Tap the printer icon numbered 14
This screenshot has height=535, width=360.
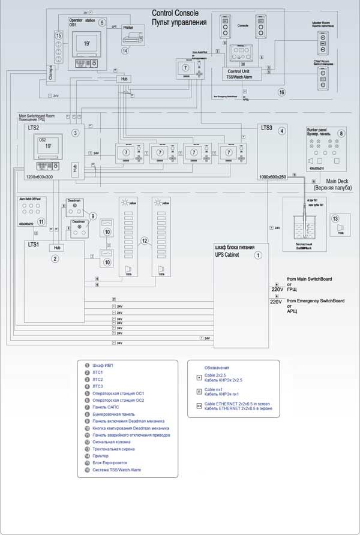tap(133, 38)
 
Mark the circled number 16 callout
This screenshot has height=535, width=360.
tap(281, 92)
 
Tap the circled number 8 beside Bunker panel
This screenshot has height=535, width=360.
tap(341, 133)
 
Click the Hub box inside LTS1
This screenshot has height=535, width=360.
tap(58, 248)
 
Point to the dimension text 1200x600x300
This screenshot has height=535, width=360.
tap(39, 178)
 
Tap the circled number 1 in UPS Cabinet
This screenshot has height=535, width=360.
tap(258, 255)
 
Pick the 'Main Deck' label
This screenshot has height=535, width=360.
tap(339, 181)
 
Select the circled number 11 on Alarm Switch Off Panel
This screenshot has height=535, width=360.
tap(41, 221)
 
